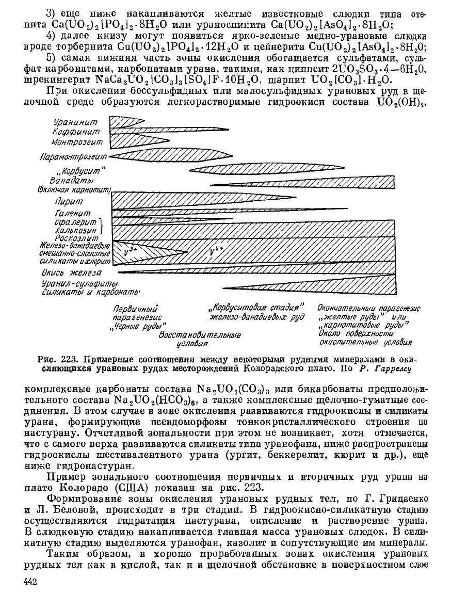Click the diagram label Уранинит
tap(78, 122)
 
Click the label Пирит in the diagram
tap(71, 202)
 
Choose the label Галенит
tap(73, 213)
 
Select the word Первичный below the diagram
tap(135, 309)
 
